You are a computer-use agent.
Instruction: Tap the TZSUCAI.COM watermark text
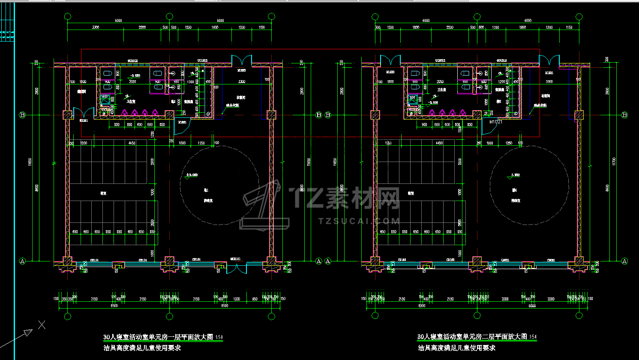tap(359, 221)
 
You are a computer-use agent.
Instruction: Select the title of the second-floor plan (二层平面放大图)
tap(472, 337)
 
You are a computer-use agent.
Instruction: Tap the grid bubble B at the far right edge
tap(624, 115)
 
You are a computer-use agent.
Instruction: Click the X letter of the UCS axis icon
tap(42, 325)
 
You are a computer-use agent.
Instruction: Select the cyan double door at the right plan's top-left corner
tap(390, 60)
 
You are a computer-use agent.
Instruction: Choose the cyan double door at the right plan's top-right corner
tap(549, 60)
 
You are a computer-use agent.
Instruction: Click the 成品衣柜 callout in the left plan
tap(233, 105)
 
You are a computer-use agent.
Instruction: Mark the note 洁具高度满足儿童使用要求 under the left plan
tap(142, 348)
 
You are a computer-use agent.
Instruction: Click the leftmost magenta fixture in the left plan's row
tap(125, 112)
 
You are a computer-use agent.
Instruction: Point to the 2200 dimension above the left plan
tap(142, 27)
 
